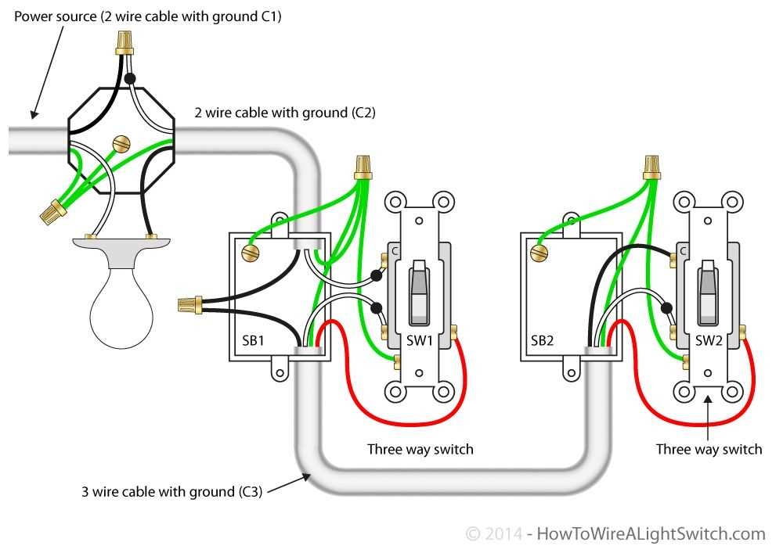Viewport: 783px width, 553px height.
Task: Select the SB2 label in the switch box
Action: pos(543,340)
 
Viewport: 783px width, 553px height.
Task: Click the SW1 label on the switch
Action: pos(420,340)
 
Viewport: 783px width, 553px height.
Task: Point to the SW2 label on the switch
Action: pos(710,340)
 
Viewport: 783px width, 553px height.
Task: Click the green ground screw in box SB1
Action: pos(251,253)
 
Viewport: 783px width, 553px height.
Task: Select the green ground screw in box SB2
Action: pos(538,253)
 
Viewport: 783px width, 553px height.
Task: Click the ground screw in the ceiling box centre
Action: pos(121,144)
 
